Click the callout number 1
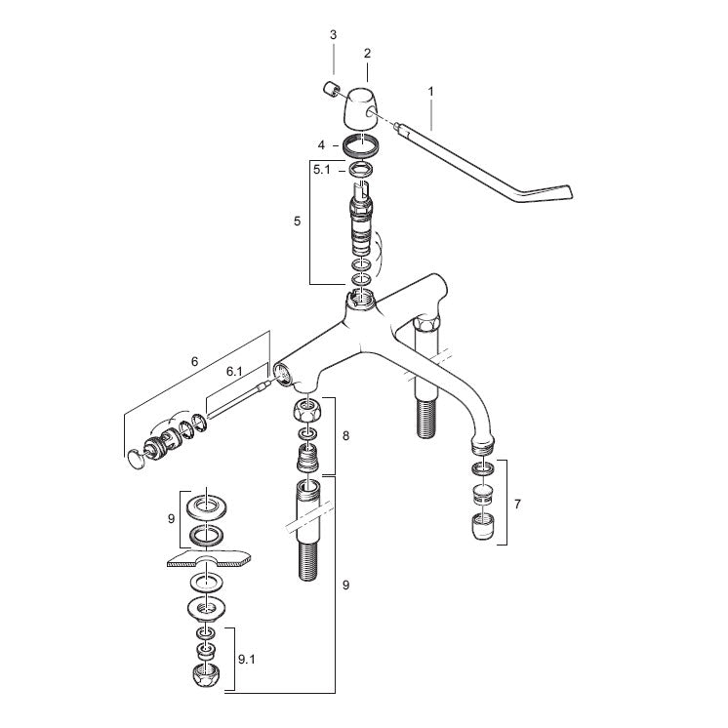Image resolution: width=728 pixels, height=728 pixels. [431, 92]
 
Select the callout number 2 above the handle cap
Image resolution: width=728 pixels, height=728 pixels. [367, 54]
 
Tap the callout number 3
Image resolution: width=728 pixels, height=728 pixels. [334, 35]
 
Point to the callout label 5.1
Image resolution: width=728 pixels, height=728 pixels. [322, 170]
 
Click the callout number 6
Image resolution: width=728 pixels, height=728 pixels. [194, 361]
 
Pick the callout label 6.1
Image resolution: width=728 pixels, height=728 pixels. [234, 372]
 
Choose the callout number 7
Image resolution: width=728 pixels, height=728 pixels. [517, 504]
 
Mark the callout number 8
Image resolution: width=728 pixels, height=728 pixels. [345, 436]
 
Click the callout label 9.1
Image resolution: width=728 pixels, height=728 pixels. [247, 659]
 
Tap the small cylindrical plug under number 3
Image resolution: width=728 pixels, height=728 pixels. [331, 89]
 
